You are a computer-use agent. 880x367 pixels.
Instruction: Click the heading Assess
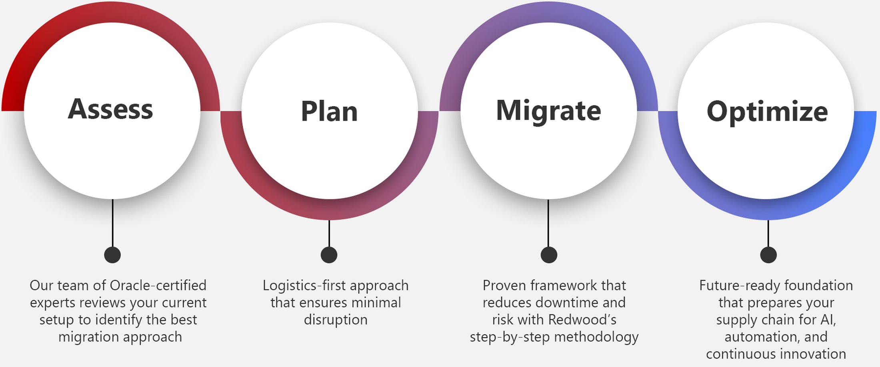tap(110, 109)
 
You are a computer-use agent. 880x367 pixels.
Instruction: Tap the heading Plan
tap(329, 111)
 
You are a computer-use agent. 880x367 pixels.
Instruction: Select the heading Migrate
tap(548, 110)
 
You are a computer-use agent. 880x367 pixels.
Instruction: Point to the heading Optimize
tap(767, 111)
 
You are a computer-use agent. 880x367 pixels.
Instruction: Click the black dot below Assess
tap(112, 255)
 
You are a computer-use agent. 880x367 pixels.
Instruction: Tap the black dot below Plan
tap(329, 255)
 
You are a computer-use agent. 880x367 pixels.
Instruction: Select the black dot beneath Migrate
tap(549, 255)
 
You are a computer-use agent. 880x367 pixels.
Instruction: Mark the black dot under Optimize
tap(768, 255)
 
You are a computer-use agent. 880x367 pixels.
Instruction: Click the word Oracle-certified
tap(158, 285)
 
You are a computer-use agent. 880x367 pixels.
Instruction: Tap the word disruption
tap(336, 320)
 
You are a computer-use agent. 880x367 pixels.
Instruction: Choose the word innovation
tap(813, 354)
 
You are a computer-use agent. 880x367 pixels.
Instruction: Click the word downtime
tap(565, 302)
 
